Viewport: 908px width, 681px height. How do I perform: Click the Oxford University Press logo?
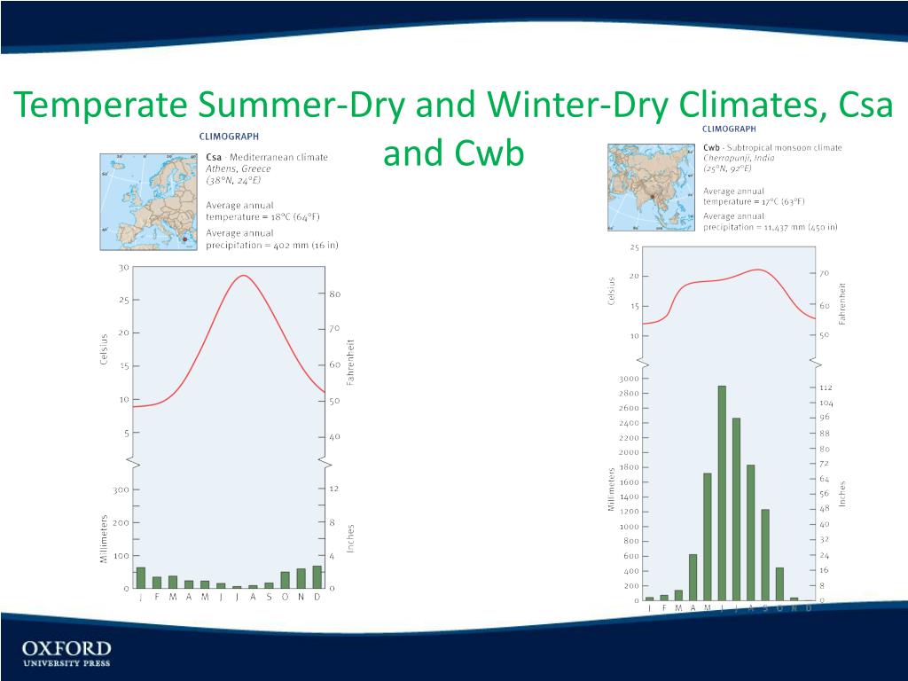67,653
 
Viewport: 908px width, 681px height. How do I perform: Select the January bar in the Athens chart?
141,577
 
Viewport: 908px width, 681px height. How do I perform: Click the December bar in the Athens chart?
317,576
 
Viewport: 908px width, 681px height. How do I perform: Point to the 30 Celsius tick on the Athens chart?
123,267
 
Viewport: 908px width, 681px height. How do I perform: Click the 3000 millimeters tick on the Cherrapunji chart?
626,379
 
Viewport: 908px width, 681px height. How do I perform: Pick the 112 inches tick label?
826,387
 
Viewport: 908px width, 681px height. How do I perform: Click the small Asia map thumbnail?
650,188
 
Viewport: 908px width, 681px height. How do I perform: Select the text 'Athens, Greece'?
239,168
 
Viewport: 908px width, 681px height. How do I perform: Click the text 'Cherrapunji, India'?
740,158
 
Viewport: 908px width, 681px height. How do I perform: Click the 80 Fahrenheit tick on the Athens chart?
335,294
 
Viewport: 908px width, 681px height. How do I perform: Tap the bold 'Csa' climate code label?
214,158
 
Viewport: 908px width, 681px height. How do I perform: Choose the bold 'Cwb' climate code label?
711,147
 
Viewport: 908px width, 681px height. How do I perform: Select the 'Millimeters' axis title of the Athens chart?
105,538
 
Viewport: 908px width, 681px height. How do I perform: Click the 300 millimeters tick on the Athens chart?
121,489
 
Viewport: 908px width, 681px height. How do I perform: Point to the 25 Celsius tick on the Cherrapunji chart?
634,247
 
